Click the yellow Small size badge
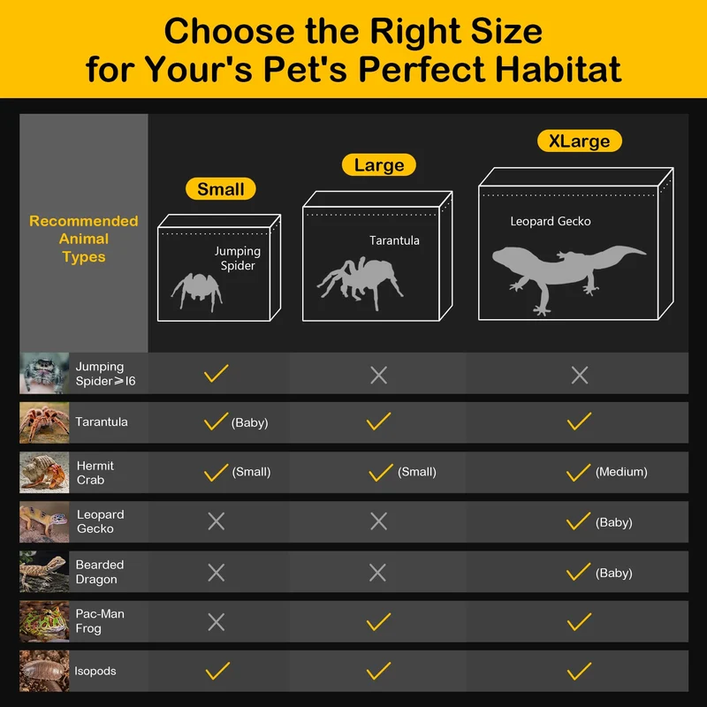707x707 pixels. point(220,189)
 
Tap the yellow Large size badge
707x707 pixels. point(379,165)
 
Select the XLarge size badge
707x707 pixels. point(580,141)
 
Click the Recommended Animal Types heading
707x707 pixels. point(84,239)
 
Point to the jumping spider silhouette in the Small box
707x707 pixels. point(197,290)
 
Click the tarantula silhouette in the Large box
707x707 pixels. point(361,282)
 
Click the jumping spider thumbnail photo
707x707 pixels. point(44,373)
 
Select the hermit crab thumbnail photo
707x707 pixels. point(44,472)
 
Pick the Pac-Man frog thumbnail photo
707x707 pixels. point(44,621)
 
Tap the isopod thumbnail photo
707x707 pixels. point(44,671)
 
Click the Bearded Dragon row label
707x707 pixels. point(100,572)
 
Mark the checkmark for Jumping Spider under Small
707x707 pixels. point(216,373)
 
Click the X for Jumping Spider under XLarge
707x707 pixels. point(580,375)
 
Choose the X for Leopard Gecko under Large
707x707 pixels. point(378,521)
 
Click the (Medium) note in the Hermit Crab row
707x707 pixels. point(621,472)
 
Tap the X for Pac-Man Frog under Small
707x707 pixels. point(216,622)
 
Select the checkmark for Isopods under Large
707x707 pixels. point(378,671)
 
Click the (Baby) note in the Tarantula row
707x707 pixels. point(250,423)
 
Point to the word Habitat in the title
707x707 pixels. point(559,70)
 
